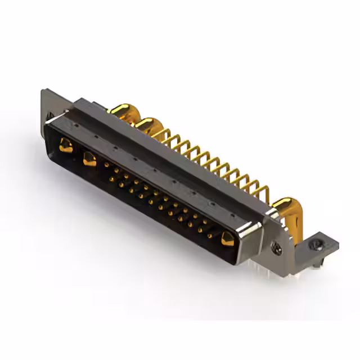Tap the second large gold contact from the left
(89, 159)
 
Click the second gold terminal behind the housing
(147, 125)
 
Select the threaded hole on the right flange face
(277, 246)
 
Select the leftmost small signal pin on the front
(107, 165)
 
